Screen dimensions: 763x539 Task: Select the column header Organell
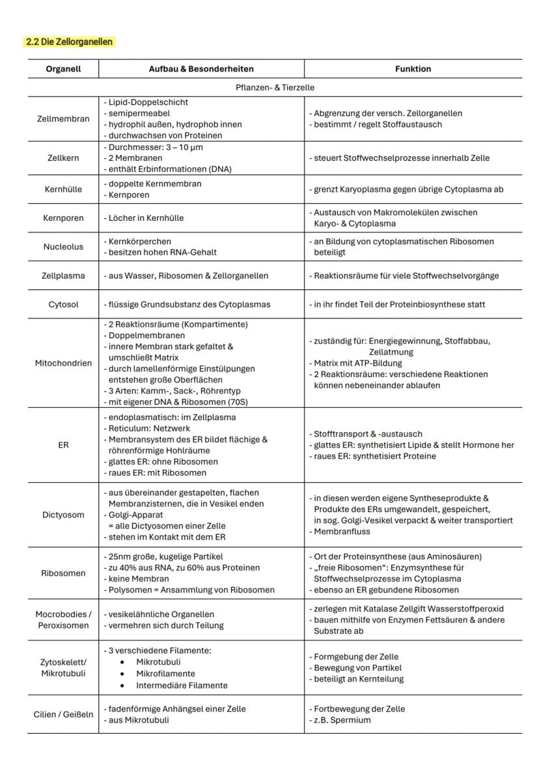pyautogui.click(x=63, y=68)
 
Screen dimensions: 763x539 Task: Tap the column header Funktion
pyautogui.click(x=413, y=68)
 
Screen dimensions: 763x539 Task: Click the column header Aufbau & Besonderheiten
pyautogui.click(x=201, y=68)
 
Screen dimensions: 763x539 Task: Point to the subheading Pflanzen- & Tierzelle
pyautogui.click(x=274, y=87)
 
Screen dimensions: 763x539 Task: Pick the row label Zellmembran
pyautogui.click(x=63, y=119)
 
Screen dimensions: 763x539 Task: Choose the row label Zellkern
pyautogui.click(x=63, y=158)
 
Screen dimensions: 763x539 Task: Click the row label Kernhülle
pyautogui.click(x=63, y=190)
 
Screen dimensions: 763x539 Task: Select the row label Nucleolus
pyautogui.click(x=63, y=247)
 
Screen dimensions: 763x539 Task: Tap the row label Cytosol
pyautogui.click(x=63, y=304)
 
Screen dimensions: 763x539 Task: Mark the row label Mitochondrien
pyautogui.click(x=63, y=363)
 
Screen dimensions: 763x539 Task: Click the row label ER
pyautogui.click(x=63, y=445)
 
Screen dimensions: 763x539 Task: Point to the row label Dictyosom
pyautogui.click(x=63, y=515)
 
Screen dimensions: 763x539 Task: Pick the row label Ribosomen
pyautogui.click(x=63, y=573)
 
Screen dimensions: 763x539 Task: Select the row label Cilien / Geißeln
pyautogui.click(x=63, y=714)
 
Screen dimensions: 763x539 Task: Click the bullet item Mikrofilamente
pyautogui.click(x=165, y=674)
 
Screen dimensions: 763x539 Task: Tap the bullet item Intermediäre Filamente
pyautogui.click(x=182, y=685)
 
